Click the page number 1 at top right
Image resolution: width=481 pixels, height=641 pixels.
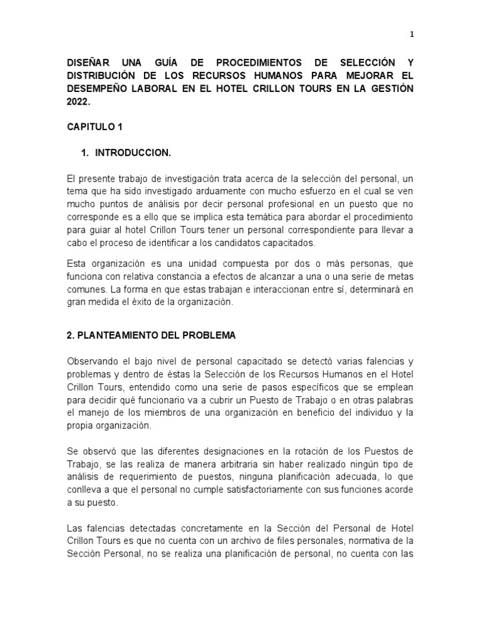[x=411, y=35]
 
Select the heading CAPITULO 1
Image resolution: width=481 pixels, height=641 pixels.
[x=95, y=126]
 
